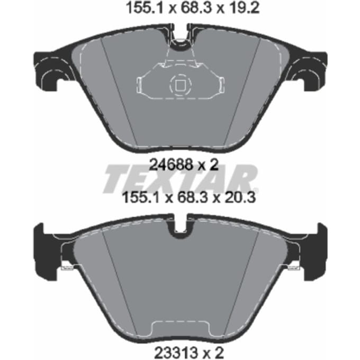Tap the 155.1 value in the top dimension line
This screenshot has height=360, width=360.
coord(145,8)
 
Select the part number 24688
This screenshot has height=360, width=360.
coord(171,165)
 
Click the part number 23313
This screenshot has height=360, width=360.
coord(176,352)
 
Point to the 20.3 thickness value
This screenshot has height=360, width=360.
coord(240,197)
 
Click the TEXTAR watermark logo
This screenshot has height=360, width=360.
coord(181,178)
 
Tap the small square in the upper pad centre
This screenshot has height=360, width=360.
coord(180,85)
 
